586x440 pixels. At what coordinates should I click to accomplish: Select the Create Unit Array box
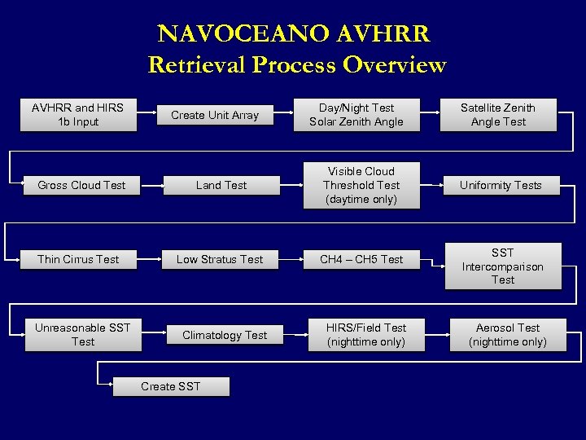click(215, 116)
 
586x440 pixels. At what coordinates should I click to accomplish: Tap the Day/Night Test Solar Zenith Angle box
click(356, 115)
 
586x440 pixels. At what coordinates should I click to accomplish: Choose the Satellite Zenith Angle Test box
click(498, 115)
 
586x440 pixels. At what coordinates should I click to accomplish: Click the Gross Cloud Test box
click(81, 185)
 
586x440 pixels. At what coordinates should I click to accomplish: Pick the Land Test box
click(221, 185)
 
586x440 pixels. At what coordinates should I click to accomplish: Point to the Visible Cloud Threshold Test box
click(361, 185)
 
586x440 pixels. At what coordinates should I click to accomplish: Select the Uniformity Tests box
click(501, 185)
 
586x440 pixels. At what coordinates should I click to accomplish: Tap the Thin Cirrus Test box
click(78, 259)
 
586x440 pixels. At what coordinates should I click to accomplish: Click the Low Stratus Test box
click(220, 259)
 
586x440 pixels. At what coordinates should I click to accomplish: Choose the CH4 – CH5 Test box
click(361, 259)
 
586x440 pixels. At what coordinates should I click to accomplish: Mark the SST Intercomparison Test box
click(502, 266)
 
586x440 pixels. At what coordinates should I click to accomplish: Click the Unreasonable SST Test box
click(83, 335)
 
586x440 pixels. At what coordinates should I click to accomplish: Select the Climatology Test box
click(225, 335)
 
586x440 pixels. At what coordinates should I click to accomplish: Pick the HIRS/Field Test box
click(366, 335)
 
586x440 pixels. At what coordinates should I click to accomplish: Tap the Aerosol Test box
click(508, 335)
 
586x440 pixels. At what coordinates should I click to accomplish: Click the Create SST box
click(170, 386)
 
